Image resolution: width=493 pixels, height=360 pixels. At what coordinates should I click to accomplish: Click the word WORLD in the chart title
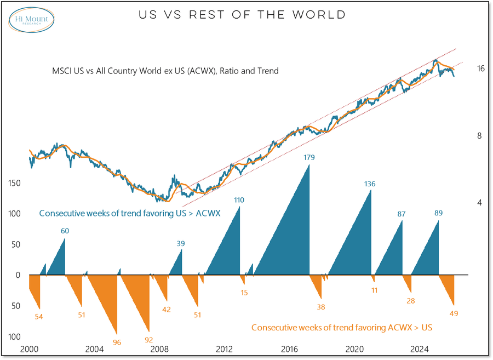(319, 15)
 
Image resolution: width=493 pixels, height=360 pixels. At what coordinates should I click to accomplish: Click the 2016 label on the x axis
(289, 349)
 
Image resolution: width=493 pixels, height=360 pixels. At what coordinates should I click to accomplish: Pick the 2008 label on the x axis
(159, 349)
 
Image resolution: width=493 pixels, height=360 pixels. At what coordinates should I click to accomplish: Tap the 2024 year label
(420, 349)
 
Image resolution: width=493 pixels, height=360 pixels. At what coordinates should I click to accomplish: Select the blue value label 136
(370, 184)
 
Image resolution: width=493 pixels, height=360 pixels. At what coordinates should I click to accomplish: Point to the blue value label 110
(239, 200)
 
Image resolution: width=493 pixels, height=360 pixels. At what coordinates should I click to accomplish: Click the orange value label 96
(117, 342)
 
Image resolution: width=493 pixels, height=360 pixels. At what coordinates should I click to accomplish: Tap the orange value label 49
(454, 313)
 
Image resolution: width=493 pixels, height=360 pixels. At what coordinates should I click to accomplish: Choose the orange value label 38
(321, 307)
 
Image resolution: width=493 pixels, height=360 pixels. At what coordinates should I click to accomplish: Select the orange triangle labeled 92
(140, 307)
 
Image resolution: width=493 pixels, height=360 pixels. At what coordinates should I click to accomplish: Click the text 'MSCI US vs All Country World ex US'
(165, 71)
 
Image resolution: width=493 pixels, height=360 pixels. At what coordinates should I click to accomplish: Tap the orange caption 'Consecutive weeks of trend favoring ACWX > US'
(342, 328)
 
